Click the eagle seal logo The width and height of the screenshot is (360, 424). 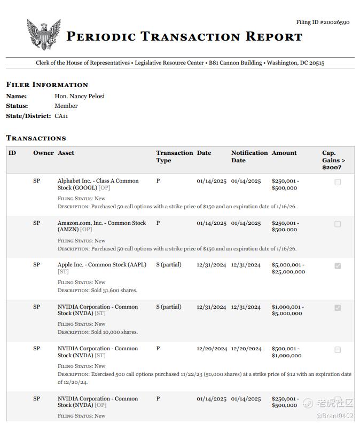pyautogui.click(x=44, y=35)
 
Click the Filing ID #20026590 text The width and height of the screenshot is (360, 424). pyautogui.click(x=323, y=22)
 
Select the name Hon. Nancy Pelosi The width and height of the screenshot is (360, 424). pyautogui.click(x=80, y=96)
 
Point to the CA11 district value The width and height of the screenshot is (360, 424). pyautogui.click(x=61, y=116)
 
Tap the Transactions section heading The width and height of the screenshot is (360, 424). pyautogui.click(x=36, y=138)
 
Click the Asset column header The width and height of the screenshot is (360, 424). pyautogui.click(x=66, y=153)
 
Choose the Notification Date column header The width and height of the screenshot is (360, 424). pyautogui.click(x=249, y=156)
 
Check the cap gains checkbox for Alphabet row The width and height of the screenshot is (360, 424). pyautogui.click(x=338, y=182)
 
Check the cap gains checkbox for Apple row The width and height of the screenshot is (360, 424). pyautogui.click(x=338, y=266)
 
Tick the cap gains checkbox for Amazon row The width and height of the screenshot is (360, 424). pyautogui.click(x=338, y=224)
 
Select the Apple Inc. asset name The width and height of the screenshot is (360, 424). pyautogui.click(x=101, y=265)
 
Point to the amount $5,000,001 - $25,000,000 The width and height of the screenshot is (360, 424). pyautogui.click(x=288, y=268)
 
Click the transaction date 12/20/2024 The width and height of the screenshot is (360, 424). pyautogui.click(x=212, y=349)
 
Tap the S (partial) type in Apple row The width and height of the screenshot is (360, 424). pyautogui.click(x=169, y=265)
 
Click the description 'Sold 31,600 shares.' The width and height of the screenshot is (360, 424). pyautogui.click(x=114, y=290)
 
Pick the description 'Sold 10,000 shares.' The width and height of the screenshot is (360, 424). pyautogui.click(x=114, y=332)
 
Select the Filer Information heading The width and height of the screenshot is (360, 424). pyautogui.click(x=47, y=85)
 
